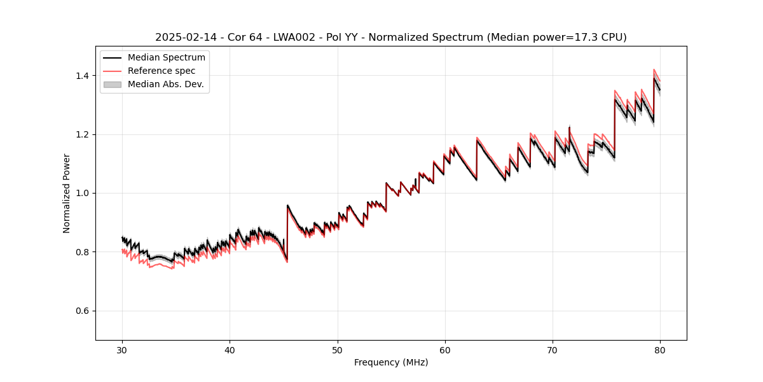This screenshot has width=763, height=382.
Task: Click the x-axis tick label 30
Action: click(122, 350)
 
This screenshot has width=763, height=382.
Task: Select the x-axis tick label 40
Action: click(230, 350)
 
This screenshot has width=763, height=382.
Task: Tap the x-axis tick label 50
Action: click(338, 350)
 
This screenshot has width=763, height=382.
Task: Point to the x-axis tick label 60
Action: click(445, 350)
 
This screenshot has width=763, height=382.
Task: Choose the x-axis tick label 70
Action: click(553, 350)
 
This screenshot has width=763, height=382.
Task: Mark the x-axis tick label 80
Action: click(660, 350)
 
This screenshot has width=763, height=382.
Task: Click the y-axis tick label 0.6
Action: click(83, 311)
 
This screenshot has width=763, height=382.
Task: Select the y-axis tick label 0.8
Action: click(83, 252)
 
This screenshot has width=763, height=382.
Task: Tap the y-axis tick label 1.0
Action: click(83, 193)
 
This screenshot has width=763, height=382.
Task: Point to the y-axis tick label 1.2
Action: click(83, 134)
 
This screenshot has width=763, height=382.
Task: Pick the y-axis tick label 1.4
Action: click(83, 76)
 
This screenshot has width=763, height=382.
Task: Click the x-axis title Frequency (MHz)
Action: click(391, 362)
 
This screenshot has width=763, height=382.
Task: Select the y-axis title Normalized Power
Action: click(67, 193)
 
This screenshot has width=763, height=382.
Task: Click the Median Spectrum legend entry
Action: click(166, 58)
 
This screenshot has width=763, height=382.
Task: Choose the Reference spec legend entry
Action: click(162, 71)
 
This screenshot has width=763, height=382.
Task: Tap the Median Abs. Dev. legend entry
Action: click(165, 84)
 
